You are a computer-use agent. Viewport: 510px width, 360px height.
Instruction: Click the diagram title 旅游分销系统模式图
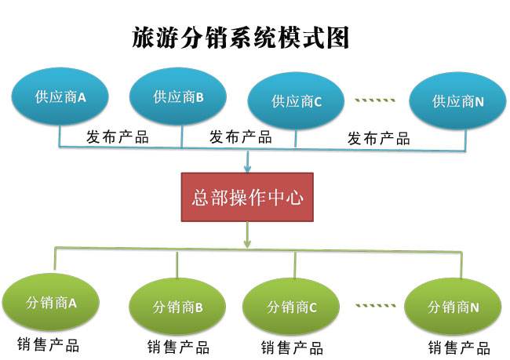[x=240, y=38]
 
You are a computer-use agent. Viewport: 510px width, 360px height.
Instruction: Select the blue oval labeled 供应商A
[x=60, y=97]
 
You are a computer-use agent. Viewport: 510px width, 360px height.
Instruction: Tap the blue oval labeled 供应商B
[x=178, y=97]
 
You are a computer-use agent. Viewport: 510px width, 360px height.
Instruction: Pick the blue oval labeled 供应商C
[x=297, y=101]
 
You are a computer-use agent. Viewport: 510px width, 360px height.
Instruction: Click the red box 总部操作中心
[x=247, y=197]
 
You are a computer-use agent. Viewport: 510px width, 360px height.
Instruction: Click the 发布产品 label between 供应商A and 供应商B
[x=117, y=138]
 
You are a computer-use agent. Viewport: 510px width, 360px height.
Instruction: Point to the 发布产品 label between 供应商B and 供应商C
[x=240, y=138]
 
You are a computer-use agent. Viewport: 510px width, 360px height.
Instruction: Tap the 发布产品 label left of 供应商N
[x=378, y=139]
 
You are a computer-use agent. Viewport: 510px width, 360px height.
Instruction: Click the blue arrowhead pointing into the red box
[x=248, y=166]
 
